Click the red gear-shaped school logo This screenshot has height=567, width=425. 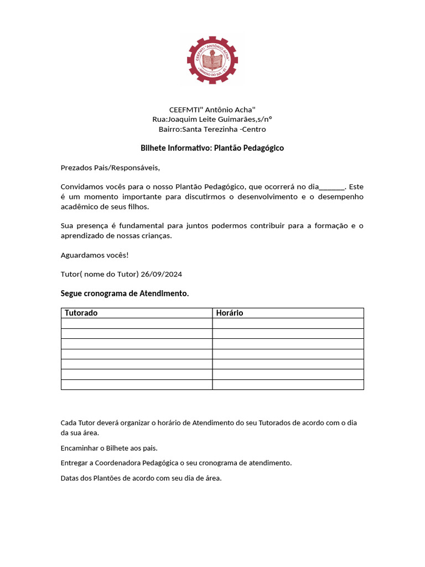[212, 59]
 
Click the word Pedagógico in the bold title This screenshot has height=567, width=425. [261, 148]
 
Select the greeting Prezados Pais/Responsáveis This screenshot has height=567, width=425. [110, 168]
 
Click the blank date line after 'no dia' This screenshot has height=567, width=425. [332, 187]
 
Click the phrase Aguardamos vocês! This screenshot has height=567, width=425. [94, 255]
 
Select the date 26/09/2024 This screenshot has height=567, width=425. [162, 275]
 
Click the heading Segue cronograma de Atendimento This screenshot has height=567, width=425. [125, 293]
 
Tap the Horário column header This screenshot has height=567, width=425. [229, 313]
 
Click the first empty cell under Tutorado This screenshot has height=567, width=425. [136, 323]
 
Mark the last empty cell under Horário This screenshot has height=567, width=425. [288, 384]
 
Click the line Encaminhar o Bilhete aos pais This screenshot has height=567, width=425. [113, 448]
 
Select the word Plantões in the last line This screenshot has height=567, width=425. [110, 478]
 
